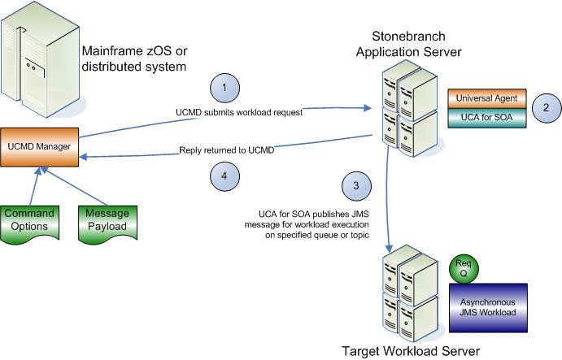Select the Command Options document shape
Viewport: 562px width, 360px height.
[x=28, y=220]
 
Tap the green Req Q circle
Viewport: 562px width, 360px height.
[x=463, y=267]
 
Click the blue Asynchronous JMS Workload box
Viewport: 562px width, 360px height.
[x=489, y=303]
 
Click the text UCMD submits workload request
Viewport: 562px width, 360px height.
[x=239, y=112]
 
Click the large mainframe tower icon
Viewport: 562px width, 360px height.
[x=39, y=58]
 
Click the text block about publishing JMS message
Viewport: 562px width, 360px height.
[x=310, y=224]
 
